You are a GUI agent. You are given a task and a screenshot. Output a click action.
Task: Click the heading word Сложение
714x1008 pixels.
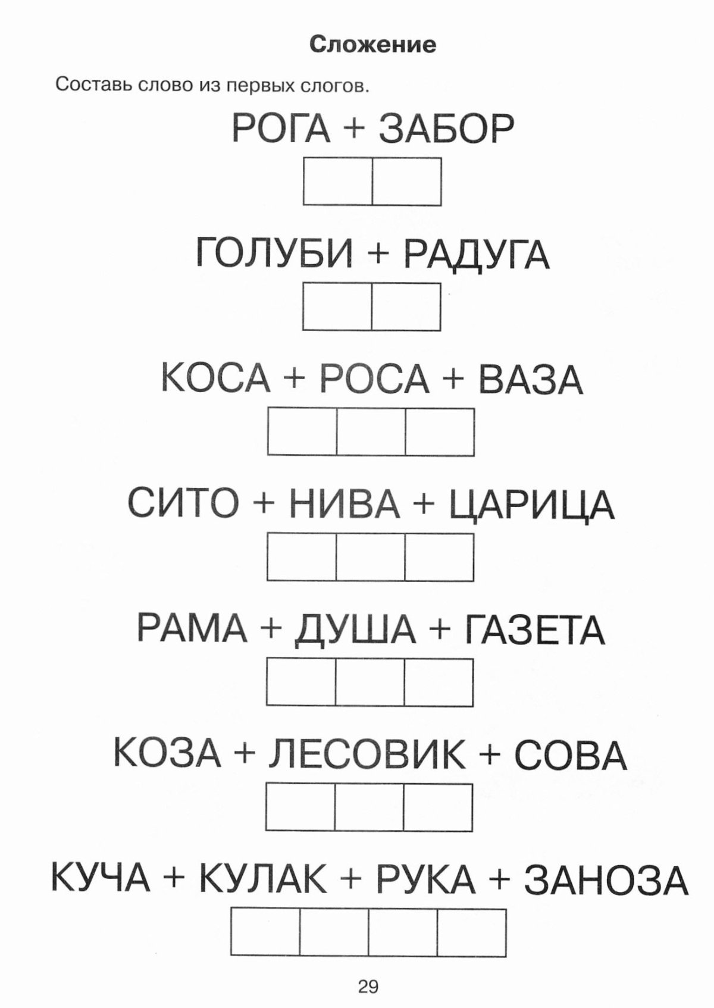pos(372,45)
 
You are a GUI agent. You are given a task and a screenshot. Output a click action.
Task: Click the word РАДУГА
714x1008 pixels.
pos(477,254)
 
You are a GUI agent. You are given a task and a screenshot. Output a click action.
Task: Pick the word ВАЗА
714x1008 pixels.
pos(530,379)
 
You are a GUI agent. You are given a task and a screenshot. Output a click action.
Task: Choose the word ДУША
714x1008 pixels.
pos(355,630)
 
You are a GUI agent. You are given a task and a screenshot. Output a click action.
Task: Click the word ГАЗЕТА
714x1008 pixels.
pos(534,628)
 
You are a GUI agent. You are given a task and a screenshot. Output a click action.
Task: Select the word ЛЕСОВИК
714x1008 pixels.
pos(367,754)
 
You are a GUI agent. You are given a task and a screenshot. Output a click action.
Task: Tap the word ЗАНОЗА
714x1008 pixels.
pos(606,879)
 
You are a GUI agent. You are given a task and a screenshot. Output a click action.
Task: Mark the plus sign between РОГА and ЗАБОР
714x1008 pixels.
pos(355,129)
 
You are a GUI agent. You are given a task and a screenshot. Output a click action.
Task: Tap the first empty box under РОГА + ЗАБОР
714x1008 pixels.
pos(338,181)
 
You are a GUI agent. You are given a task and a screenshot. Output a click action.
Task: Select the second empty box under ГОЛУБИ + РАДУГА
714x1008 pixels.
pos(406,306)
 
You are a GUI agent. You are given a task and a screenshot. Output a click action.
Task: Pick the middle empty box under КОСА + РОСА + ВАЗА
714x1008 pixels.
pos(371,431)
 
